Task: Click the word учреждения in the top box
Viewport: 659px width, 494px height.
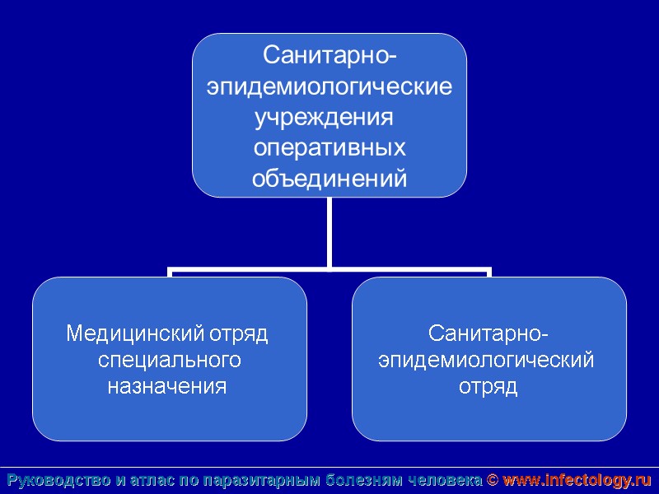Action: point(321,117)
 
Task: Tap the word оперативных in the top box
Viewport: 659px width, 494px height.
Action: point(329,147)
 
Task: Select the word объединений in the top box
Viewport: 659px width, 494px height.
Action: point(329,178)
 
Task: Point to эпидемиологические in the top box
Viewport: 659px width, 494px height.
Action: point(329,86)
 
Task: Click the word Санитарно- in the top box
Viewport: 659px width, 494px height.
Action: point(329,56)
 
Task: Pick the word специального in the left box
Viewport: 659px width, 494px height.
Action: point(169,360)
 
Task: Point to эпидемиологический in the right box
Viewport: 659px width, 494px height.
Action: point(486,360)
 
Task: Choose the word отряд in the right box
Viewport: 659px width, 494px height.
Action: point(488,386)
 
